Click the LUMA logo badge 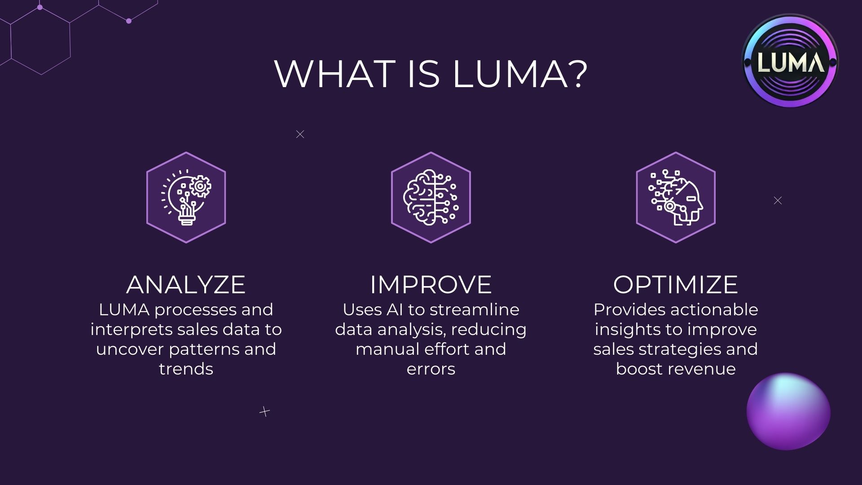790,62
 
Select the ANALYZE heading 186,284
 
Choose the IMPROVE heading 431,284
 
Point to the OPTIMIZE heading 675,284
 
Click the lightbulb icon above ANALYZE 186,198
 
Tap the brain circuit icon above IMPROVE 431,198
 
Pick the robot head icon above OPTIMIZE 676,198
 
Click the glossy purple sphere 788,411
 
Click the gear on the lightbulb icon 200,186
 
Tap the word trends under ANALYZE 186,369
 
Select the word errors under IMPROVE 431,369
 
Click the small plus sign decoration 265,411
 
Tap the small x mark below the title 300,134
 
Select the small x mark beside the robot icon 778,201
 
